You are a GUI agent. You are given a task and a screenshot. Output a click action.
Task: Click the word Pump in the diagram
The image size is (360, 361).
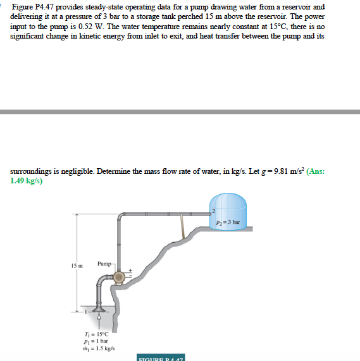click(105, 262)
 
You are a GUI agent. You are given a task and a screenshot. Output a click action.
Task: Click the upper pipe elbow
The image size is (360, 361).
click(121, 219)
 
